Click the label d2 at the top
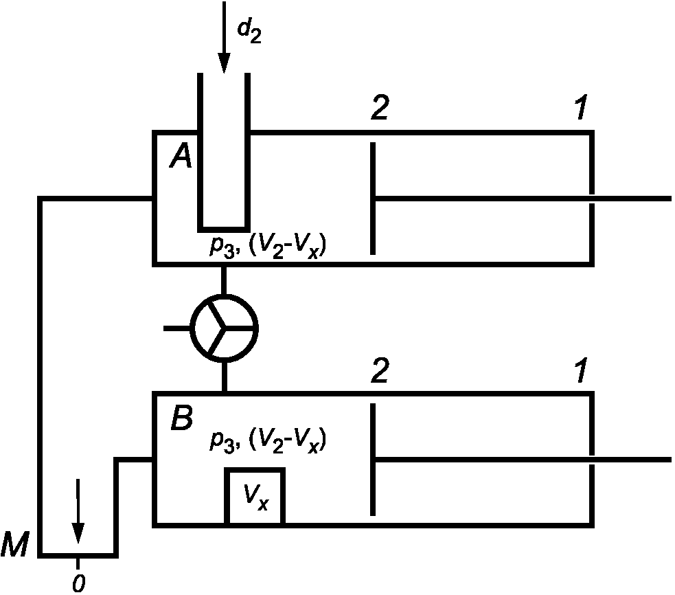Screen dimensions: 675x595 [x=249, y=32]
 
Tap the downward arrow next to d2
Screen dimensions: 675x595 [x=224, y=37]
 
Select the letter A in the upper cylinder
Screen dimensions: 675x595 [x=181, y=156]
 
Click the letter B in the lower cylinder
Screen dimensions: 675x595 [x=182, y=418]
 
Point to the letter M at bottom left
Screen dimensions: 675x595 [x=14, y=544]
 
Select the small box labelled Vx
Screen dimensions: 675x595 [x=255, y=496]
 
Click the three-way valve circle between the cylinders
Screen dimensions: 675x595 [x=224, y=328]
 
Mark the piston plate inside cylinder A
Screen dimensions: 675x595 [x=373, y=198]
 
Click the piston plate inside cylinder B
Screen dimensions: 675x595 [x=373, y=459]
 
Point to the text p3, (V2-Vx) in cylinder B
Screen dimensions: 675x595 [x=268, y=441]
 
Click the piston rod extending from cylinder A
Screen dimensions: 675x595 [x=523, y=199]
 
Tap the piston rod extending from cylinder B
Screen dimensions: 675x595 [x=523, y=460]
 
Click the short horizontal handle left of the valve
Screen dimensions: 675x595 [x=177, y=328]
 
